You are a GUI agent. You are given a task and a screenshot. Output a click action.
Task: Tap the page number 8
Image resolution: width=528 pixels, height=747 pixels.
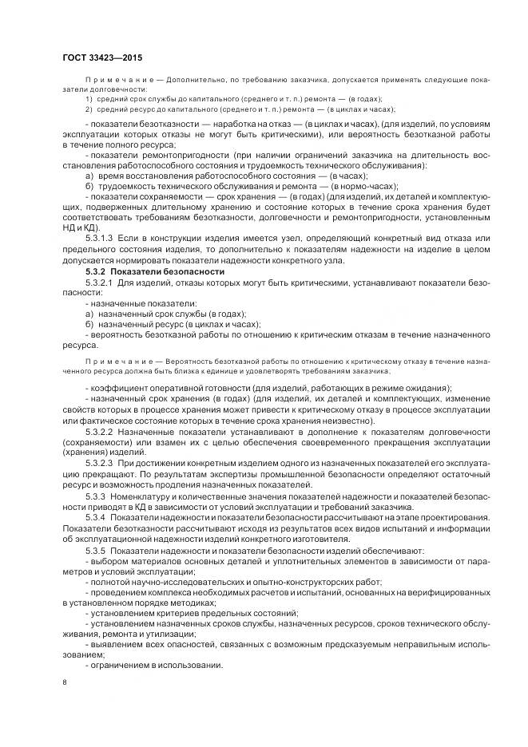pos(65,682)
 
